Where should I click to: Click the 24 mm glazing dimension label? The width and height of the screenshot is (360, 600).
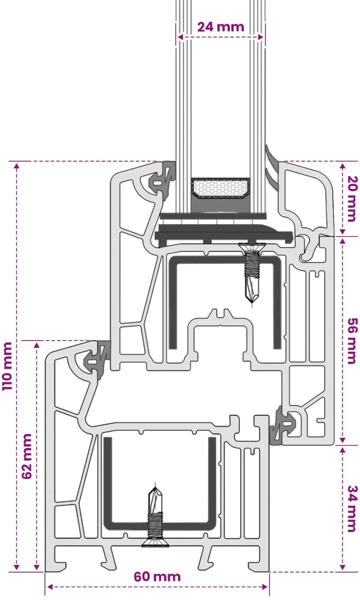(x=220, y=27)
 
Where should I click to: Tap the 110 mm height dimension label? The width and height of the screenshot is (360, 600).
(x=7, y=366)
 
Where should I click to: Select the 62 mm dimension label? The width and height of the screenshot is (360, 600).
(x=27, y=456)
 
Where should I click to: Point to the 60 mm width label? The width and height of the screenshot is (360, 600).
(x=157, y=576)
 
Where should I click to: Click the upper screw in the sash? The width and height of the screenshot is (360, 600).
(x=251, y=272)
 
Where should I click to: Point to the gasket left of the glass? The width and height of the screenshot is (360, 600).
(x=163, y=178)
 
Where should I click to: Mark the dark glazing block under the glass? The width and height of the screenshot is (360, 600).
(x=224, y=235)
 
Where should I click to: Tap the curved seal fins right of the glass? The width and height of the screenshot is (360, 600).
(x=272, y=165)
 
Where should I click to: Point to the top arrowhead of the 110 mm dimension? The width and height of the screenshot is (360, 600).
(x=16, y=166)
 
